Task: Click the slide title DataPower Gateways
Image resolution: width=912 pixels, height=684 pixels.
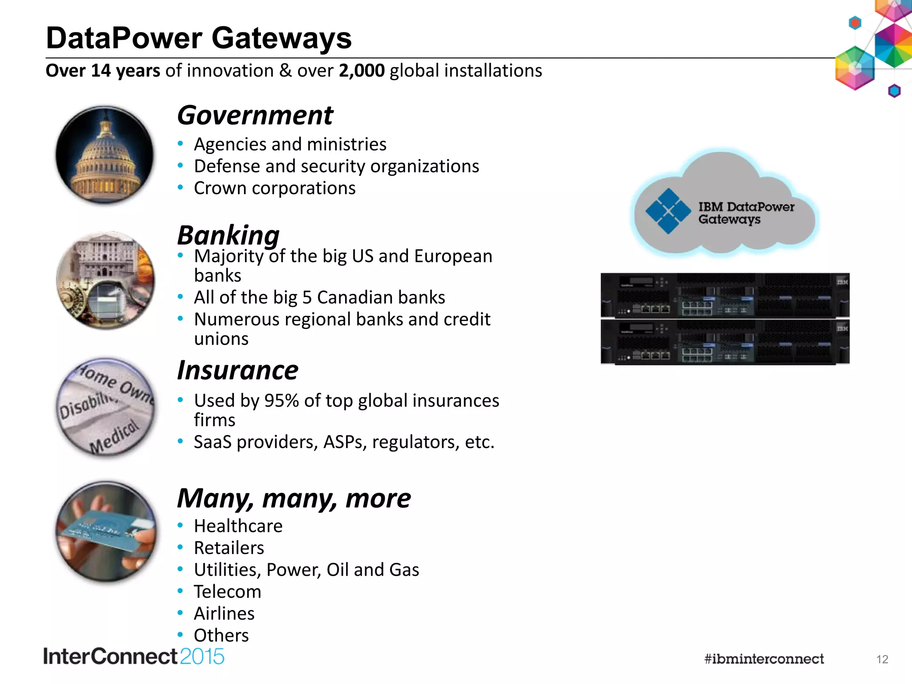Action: tap(199, 38)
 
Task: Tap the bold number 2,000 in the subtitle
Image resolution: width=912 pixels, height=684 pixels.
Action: tap(362, 71)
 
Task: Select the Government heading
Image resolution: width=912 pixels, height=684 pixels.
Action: tap(255, 115)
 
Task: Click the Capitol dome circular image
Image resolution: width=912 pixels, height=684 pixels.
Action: tap(105, 155)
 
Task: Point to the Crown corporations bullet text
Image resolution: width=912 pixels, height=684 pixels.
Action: tap(275, 188)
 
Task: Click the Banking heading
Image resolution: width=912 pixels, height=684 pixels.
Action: tap(228, 235)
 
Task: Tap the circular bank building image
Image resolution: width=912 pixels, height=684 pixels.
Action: tap(106, 281)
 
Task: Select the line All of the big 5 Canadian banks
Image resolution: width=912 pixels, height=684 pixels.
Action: tap(319, 297)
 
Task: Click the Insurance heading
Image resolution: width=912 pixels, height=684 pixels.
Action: tap(238, 370)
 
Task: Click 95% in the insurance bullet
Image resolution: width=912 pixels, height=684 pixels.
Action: tap(281, 401)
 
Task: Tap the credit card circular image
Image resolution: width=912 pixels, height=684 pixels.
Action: tap(106, 531)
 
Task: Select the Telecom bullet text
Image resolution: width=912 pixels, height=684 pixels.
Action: tap(228, 592)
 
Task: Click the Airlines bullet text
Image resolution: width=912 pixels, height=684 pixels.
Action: tap(224, 614)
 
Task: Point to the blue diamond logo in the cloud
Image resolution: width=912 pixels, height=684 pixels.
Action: tap(668, 211)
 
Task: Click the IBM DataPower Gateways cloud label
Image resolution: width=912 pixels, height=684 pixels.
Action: tap(746, 213)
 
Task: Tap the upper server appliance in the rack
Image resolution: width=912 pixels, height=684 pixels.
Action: tap(725, 295)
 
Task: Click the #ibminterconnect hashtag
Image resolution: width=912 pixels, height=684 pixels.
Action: tap(764, 659)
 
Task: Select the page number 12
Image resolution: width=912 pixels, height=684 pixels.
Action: tap(882, 660)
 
